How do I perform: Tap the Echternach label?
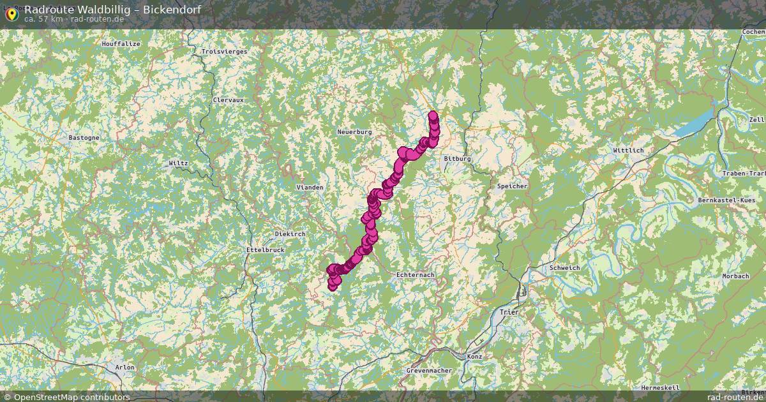pyautogui.click(x=415, y=274)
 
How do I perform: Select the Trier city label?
pyautogui.click(x=509, y=312)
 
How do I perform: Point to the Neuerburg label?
pyautogui.click(x=354, y=132)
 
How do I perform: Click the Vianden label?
pyautogui.click(x=310, y=187)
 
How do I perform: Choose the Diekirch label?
pyautogui.click(x=290, y=234)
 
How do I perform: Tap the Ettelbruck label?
pyautogui.click(x=265, y=250)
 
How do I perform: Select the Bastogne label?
pyautogui.click(x=84, y=137)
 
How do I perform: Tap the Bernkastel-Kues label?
pyautogui.click(x=730, y=200)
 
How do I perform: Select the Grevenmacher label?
pyautogui.click(x=429, y=370)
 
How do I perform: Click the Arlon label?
pyautogui.click(x=125, y=367)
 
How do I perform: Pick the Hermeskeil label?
pyautogui.click(x=661, y=387)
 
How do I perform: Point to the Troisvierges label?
pyautogui.click(x=224, y=51)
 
